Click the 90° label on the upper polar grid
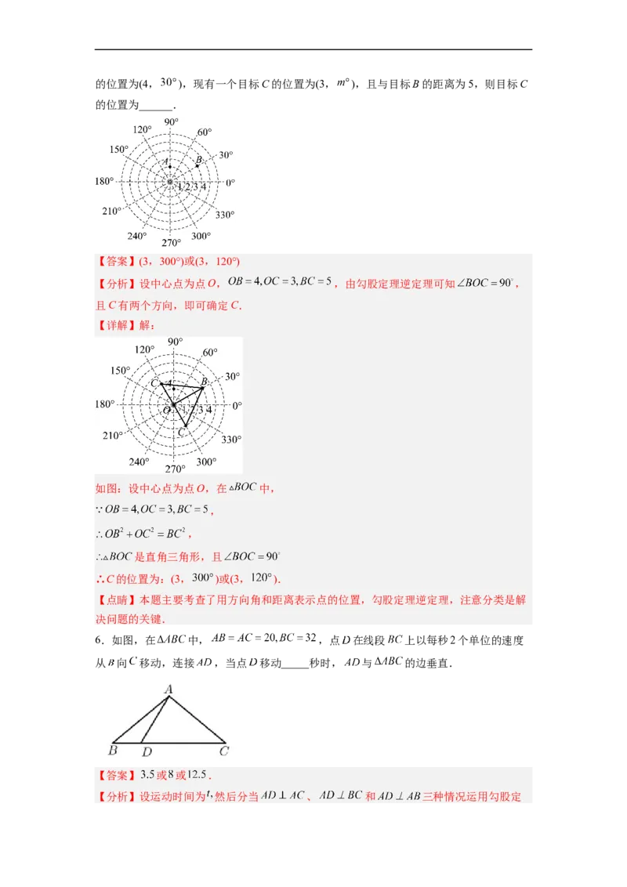click(x=171, y=121)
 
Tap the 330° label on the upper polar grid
click(x=225, y=215)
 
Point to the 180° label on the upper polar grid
click(x=104, y=182)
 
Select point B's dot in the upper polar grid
click(x=197, y=166)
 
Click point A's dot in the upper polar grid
click(x=170, y=167)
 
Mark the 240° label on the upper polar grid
click(x=137, y=236)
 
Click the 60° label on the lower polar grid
click(x=209, y=353)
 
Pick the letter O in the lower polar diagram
click(x=166, y=410)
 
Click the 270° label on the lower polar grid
click(x=174, y=469)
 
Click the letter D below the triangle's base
click(x=146, y=752)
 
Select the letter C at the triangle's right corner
click(x=224, y=752)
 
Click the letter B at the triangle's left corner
click(x=113, y=752)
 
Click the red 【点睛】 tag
click(x=117, y=600)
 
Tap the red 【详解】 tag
click(x=117, y=325)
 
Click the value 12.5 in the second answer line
click(x=198, y=775)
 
